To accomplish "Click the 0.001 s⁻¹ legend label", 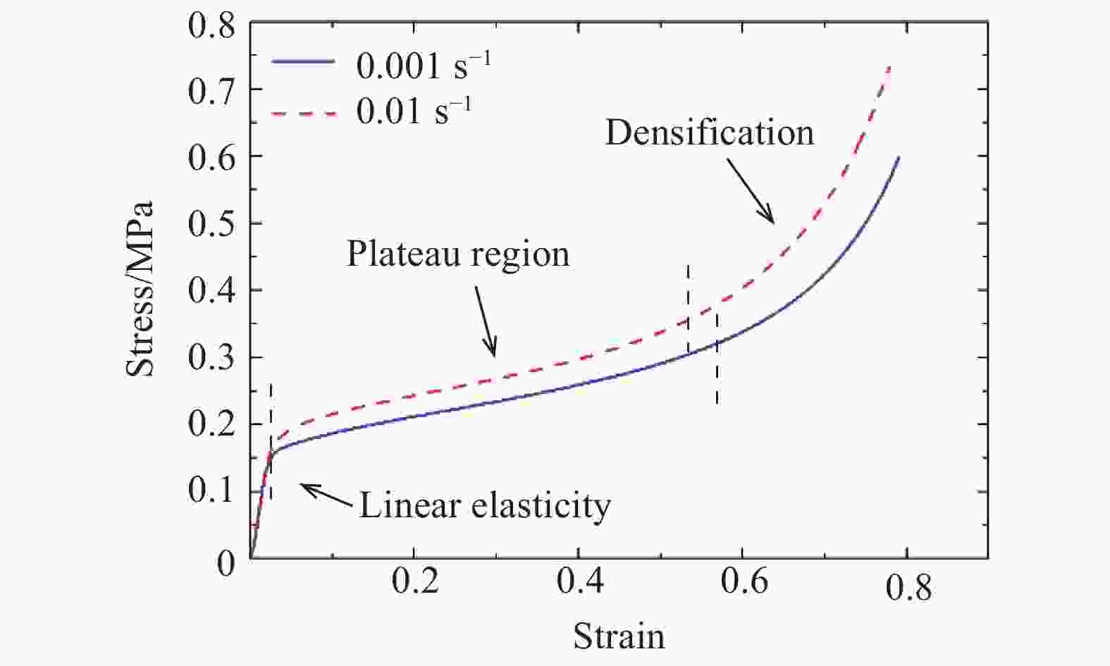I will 423,66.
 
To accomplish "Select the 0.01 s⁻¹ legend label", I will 414,111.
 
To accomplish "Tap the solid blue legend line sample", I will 303,62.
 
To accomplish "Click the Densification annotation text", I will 709,132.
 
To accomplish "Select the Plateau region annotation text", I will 457,254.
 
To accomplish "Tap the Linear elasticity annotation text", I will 485,505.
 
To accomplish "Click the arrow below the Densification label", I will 751,190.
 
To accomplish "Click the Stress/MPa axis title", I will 140,289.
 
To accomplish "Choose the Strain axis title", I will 619,636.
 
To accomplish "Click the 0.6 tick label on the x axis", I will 743,584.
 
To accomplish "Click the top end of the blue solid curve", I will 899,157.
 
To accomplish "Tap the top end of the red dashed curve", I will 890,66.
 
